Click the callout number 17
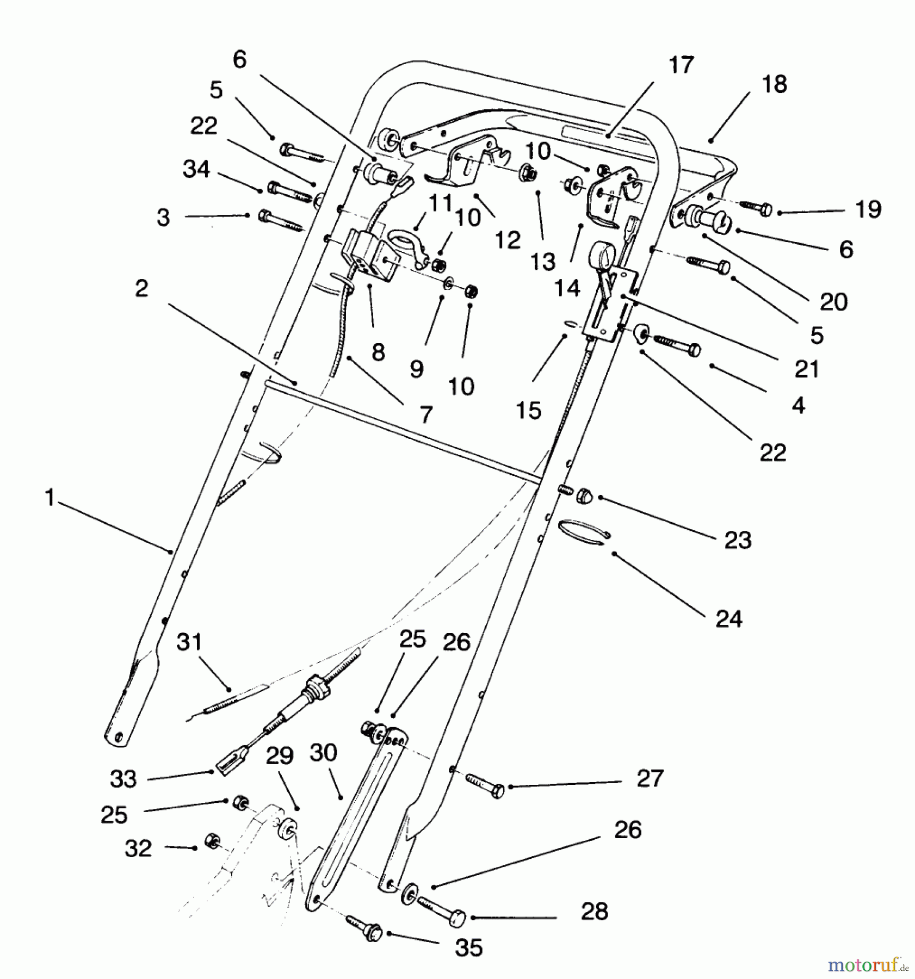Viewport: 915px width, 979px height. tap(681, 65)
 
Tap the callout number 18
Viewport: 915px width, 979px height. tap(774, 85)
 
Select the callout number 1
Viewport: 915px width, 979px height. tap(50, 498)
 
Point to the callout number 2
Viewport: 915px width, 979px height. tap(141, 288)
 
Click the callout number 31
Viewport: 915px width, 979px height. tap(189, 642)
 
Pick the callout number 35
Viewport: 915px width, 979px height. tap(468, 948)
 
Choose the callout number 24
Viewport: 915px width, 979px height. tap(728, 619)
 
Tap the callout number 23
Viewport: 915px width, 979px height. tap(738, 540)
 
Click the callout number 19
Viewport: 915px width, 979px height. tap(868, 209)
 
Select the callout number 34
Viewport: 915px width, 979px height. tap(196, 169)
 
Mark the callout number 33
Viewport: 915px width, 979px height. tap(123, 779)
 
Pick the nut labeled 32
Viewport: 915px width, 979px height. tap(211, 841)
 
